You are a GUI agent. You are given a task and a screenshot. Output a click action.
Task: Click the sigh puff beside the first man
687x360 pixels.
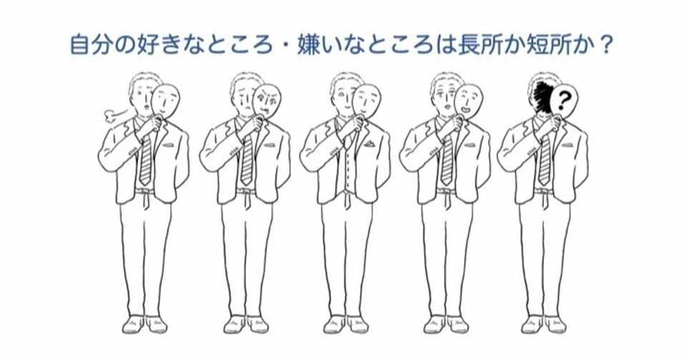[x=115, y=115]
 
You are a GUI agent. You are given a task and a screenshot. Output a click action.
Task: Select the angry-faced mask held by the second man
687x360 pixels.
[x=267, y=102]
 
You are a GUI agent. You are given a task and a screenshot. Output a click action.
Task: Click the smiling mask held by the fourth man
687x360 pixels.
[x=468, y=102]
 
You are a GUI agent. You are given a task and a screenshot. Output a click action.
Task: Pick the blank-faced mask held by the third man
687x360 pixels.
[x=367, y=102]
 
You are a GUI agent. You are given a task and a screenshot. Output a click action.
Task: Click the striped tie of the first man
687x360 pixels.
[x=145, y=159]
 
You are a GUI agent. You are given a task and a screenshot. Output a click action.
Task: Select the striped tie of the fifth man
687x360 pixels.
[x=544, y=159]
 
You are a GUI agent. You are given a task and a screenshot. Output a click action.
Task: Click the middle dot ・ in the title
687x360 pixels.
[x=286, y=46]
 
